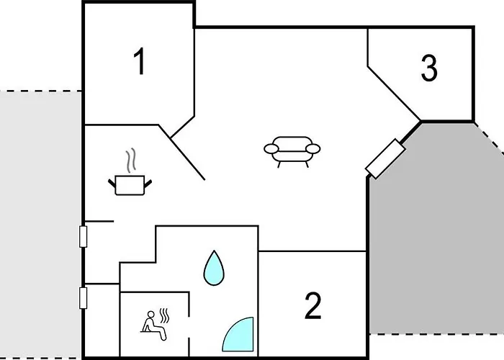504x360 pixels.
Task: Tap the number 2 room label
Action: coord(312,306)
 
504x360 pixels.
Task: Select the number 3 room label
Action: coord(429,68)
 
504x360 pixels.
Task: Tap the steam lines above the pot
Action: coord(130,159)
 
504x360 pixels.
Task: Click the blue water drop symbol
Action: coord(214,268)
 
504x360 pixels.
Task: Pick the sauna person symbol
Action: coord(150,322)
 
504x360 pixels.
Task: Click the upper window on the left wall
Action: coord(84,235)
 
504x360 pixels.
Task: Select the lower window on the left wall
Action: coord(84,297)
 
